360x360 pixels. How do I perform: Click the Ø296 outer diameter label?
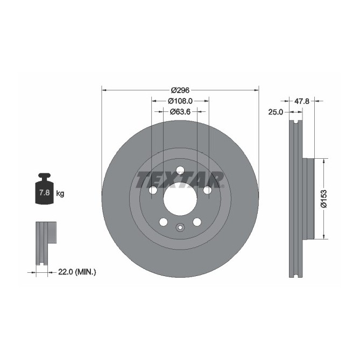[180, 90]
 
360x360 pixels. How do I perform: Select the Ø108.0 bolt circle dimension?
[180, 101]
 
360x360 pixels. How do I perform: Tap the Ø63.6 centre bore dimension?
[180, 112]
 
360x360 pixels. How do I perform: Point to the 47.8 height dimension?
[303, 100]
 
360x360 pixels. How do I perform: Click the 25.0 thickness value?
[276, 111]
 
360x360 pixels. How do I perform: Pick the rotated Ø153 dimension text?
[323, 198]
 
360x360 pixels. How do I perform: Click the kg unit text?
[60, 193]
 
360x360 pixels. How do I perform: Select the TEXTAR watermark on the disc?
[180, 179]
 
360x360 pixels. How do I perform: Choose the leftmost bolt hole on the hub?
[153, 190]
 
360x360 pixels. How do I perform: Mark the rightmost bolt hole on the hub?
[208, 190]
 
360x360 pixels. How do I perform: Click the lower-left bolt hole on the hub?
[163, 222]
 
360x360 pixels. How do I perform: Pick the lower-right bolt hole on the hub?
[197, 222]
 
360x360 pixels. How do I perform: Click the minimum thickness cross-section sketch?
[45, 242]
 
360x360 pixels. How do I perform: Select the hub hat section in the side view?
[308, 198]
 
